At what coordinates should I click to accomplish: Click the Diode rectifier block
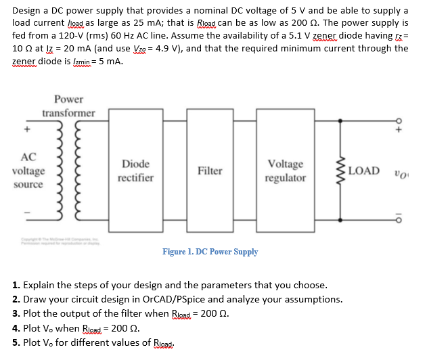click(135, 171)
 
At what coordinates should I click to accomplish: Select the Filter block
click(210, 171)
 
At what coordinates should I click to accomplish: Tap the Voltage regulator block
click(286, 171)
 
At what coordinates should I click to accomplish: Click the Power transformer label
click(68, 106)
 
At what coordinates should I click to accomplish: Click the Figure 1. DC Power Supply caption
click(210, 252)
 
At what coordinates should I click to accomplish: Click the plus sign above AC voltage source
click(28, 127)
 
